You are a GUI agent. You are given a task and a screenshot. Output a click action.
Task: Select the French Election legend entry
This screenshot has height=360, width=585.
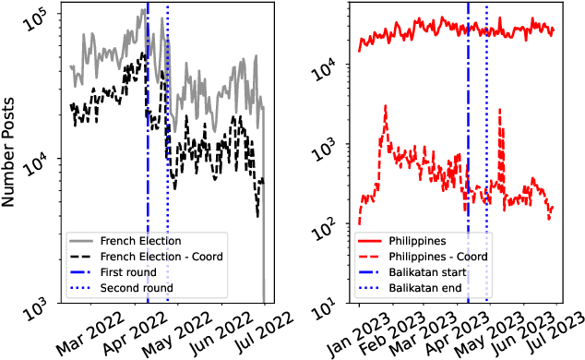coord(140,240)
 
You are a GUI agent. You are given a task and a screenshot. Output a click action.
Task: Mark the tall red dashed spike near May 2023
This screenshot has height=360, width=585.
coord(500,111)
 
